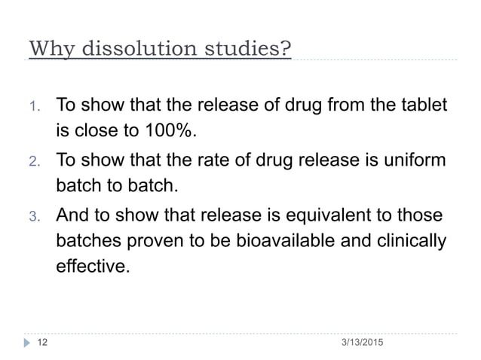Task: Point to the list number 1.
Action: pyautogui.click(x=33, y=105)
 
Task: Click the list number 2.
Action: pyautogui.click(x=33, y=160)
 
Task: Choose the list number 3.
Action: pyautogui.click(x=33, y=216)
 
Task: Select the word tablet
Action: pyautogui.click(x=424, y=105)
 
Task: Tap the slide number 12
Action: pyautogui.click(x=44, y=343)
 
